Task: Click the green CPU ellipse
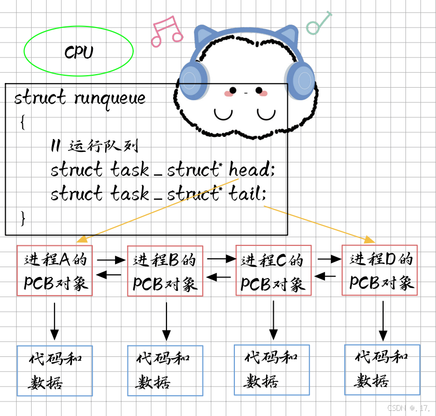pos(79,51)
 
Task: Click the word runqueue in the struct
pos(109,98)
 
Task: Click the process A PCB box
pos(54,271)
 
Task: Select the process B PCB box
pos(165,271)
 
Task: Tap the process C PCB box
pos(273,271)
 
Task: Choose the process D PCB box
pos(379,270)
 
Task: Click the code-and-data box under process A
pos(54,371)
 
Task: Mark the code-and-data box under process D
pos(382,369)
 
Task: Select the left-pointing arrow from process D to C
pos(326,276)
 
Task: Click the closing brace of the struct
pos(22,218)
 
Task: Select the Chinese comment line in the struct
pos(93,146)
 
